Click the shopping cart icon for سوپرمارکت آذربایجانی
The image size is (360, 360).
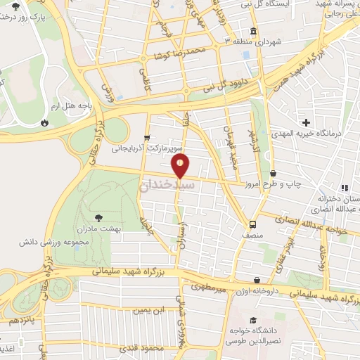tap(146, 137)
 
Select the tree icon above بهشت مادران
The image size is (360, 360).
tap(98, 217)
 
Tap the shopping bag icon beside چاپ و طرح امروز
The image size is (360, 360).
tap(272, 174)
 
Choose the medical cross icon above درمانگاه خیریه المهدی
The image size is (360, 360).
tap(307, 122)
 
